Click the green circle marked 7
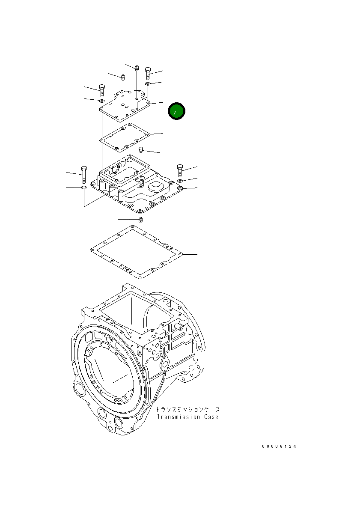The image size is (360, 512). coord(176,111)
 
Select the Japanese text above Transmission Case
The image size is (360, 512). coord(188,410)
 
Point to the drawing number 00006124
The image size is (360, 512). coord(279,447)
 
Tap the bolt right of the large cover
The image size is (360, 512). coord(180,170)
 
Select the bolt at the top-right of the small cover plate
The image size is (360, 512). coord(148,73)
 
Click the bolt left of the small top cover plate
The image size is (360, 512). coord(102,90)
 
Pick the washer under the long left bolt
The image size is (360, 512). coord(83,188)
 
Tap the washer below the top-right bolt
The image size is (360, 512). coord(148,84)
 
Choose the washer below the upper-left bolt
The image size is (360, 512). coord(102,101)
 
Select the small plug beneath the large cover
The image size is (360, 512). coord(141,220)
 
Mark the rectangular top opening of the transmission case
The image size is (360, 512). coord(136,313)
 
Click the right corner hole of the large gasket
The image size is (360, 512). coord(181,254)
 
